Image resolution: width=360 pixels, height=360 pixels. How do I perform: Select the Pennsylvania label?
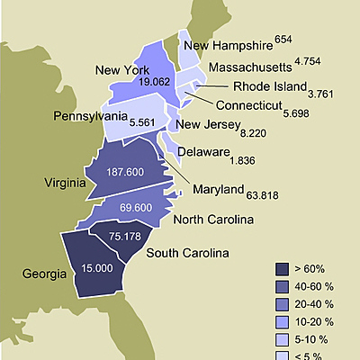[x=89, y=117]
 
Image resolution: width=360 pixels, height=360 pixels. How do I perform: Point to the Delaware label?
[x=202, y=152]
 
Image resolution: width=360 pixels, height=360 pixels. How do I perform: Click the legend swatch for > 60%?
[x=282, y=269]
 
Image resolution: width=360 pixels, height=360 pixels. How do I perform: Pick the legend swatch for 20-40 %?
[x=282, y=303]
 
